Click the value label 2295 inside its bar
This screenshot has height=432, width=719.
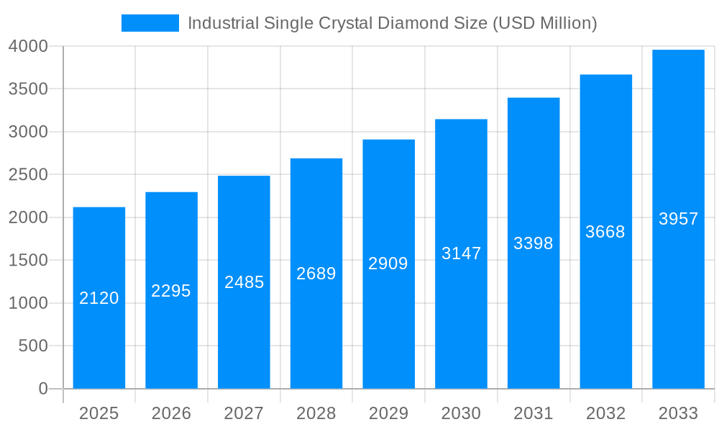pos(171,291)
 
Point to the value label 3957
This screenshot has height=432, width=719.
pos(678,219)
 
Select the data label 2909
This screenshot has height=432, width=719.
pos(388,264)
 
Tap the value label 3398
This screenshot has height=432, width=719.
pos(533,243)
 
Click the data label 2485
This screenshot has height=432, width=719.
pos(244,282)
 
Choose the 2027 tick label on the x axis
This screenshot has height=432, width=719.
pos(244,413)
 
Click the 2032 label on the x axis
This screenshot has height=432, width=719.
pos(605,413)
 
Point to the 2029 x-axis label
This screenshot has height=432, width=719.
pos(388,413)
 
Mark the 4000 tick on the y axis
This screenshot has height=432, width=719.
pos(28,46)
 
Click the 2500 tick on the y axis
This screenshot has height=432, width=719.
pos(28,175)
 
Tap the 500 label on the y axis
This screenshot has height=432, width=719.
pos(33,346)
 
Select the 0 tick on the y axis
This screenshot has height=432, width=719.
pos(42,389)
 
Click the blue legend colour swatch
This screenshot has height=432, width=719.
pos(150,23)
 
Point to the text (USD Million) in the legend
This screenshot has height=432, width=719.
pos(544,23)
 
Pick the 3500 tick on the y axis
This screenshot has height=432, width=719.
pos(28,89)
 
